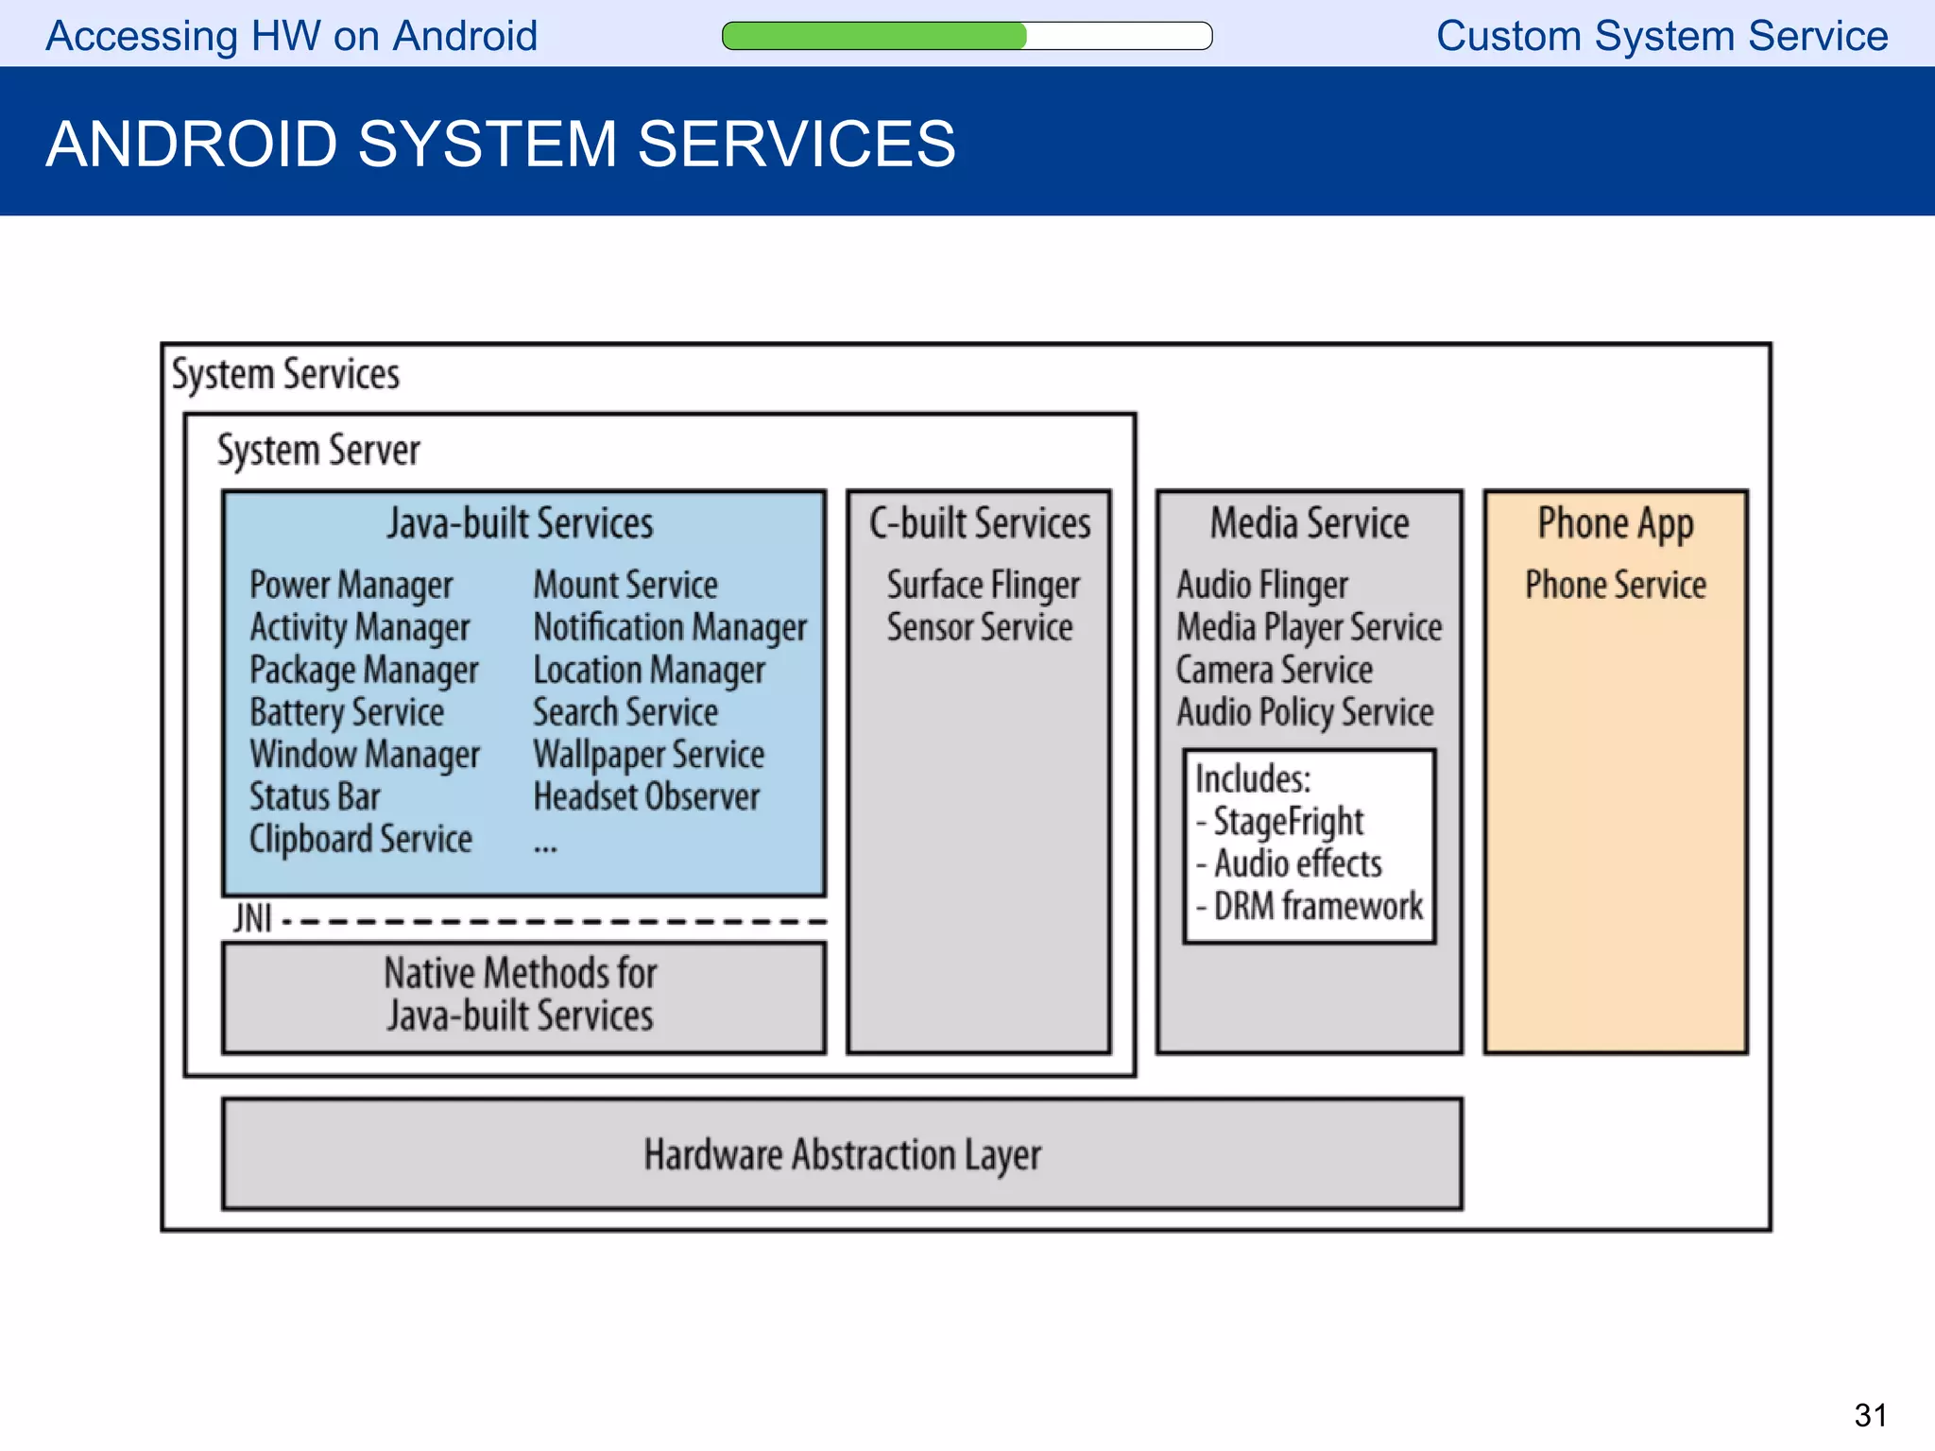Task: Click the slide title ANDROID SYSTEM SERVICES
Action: click(x=500, y=144)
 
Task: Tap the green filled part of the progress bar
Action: click(x=874, y=36)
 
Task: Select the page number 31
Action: click(x=1870, y=1415)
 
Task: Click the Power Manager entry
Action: click(x=351, y=585)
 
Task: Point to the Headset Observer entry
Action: click(x=646, y=797)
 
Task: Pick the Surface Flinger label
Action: click(x=983, y=585)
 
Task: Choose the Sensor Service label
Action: click(x=980, y=627)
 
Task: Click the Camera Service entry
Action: click(x=1274, y=670)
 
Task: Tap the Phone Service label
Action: click(x=1616, y=585)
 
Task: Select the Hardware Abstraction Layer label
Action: click(x=842, y=1154)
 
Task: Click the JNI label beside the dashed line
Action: click(x=252, y=918)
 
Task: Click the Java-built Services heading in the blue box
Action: click(x=520, y=522)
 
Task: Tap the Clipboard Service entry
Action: click(x=360, y=839)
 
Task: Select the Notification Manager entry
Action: click(x=670, y=627)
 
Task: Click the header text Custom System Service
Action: click(x=1662, y=36)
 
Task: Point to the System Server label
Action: click(x=318, y=450)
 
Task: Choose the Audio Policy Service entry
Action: click(x=1305, y=712)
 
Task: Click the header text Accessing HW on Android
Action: click(x=291, y=36)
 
